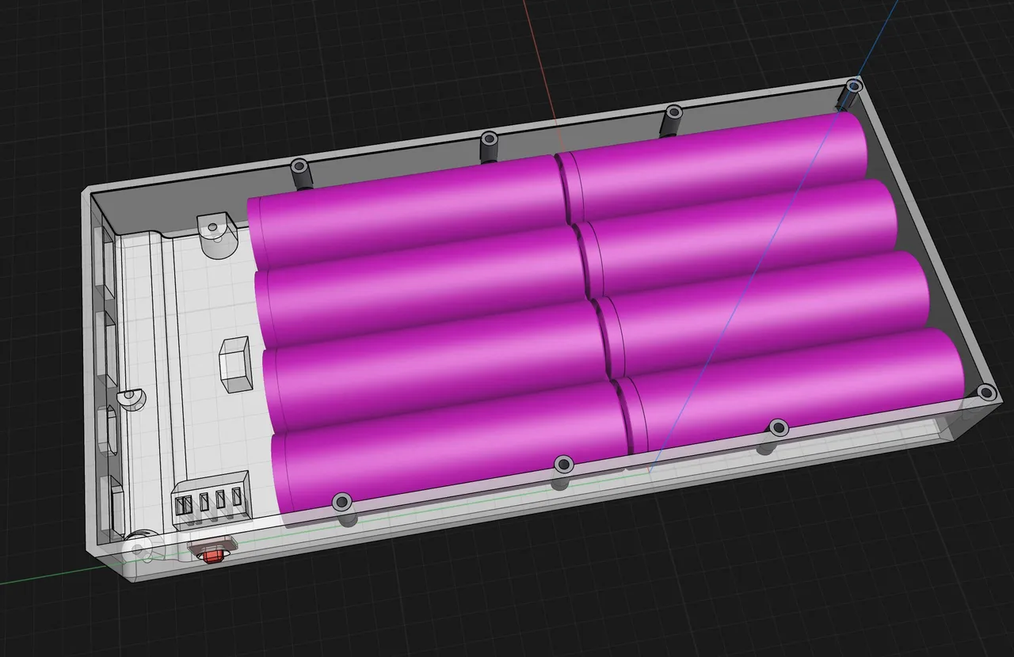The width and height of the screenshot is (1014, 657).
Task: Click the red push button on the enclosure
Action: click(x=212, y=556)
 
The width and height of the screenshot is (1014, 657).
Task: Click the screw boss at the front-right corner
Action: click(x=985, y=392)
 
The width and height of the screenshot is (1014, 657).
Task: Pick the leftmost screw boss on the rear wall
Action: click(x=299, y=167)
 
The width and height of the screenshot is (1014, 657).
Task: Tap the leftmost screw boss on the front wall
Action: click(x=341, y=501)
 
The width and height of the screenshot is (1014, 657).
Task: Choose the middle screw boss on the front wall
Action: click(x=563, y=464)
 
